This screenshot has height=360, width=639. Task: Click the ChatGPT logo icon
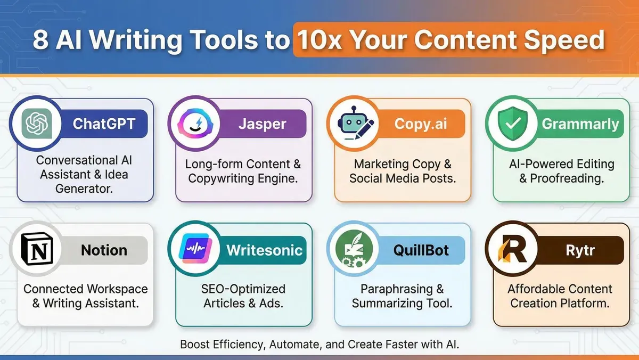37,124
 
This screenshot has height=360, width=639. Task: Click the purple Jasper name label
261,124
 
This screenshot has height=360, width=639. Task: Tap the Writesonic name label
264,250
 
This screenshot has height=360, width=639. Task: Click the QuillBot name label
422,250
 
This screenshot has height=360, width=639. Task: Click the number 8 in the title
40,41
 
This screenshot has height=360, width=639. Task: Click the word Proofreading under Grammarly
567,178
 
